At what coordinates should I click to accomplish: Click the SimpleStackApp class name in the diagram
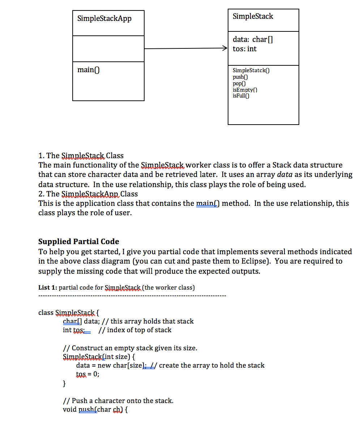tap(104, 18)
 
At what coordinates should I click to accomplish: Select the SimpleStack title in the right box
tap(253, 16)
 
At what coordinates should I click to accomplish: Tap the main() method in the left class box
tap(88, 70)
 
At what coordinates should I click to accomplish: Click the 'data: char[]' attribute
tap(253, 40)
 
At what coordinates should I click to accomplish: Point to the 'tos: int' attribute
tap(244, 49)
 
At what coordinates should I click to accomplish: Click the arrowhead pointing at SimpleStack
tap(225, 49)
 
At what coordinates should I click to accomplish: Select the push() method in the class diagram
tap(240, 77)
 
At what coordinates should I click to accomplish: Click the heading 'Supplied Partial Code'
tap(78, 242)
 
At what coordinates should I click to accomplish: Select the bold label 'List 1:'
tap(47, 288)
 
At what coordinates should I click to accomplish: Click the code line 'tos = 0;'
tap(87, 374)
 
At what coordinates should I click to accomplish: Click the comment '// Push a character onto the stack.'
tap(118, 401)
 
